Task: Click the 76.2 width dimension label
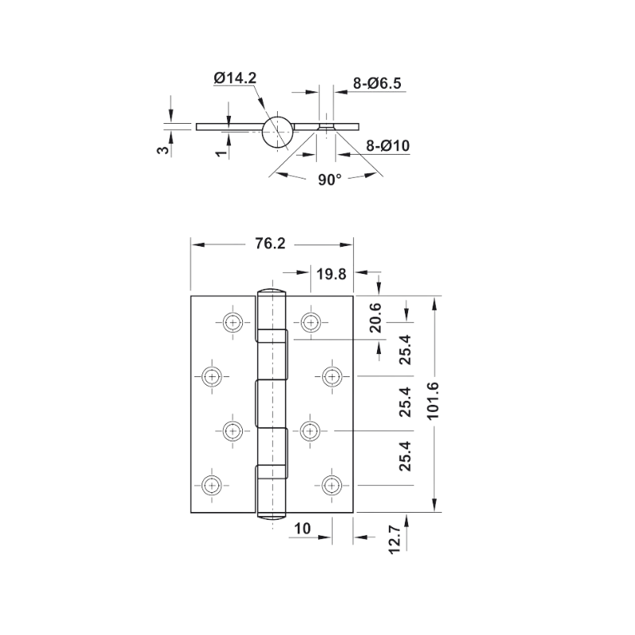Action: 270,244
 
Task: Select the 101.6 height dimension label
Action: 433,401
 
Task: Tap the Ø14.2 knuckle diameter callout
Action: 235,78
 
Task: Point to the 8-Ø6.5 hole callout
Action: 377,83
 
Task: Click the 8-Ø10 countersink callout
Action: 388,145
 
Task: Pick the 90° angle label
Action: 329,179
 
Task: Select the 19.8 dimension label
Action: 331,274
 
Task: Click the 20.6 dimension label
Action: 375,318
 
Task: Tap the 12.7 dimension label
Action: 394,539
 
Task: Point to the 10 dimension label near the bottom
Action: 302,529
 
